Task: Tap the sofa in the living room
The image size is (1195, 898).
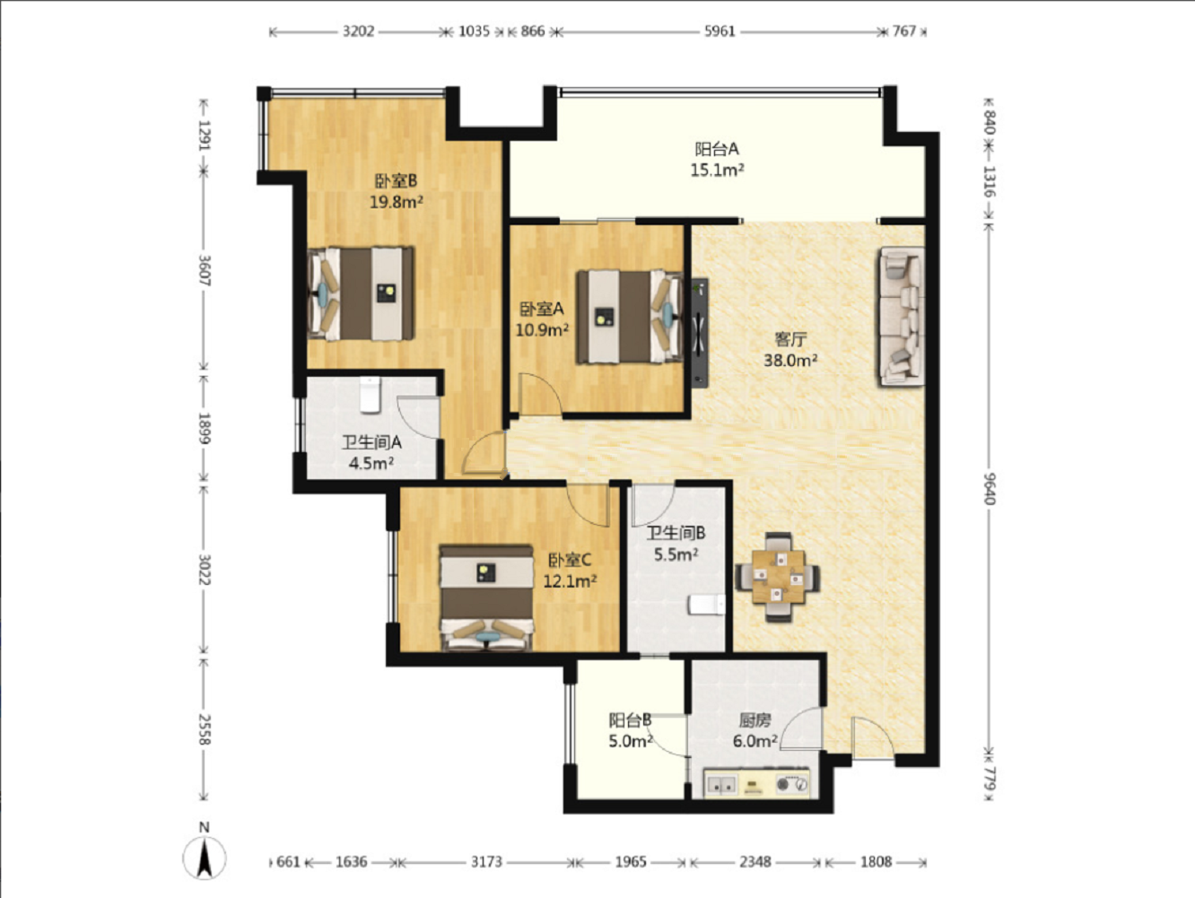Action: [x=903, y=316]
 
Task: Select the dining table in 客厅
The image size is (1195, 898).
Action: [x=778, y=577]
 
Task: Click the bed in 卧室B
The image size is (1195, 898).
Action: [x=361, y=294]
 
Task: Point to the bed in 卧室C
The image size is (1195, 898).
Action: [x=487, y=597]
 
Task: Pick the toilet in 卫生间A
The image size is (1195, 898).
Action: [x=371, y=395]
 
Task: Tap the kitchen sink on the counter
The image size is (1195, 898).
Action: [x=720, y=785]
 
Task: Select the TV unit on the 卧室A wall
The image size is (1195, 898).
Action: [x=700, y=333]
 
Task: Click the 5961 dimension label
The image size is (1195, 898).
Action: [x=720, y=31]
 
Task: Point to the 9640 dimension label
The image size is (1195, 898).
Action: [x=990, y=489]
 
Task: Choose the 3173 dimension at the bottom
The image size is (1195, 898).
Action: [x=486, y=861]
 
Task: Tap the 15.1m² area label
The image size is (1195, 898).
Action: [x=717, y=170]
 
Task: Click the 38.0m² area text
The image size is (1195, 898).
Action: [x=790, y=360]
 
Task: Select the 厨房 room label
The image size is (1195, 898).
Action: [x=755, y=720]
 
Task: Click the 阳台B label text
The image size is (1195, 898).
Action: [x=630, y=720]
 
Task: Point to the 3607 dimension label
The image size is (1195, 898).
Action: [x=205, y=271]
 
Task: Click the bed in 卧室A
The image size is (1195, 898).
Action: [x=630, y=317]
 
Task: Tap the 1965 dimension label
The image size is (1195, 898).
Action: [x=631, y=861]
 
